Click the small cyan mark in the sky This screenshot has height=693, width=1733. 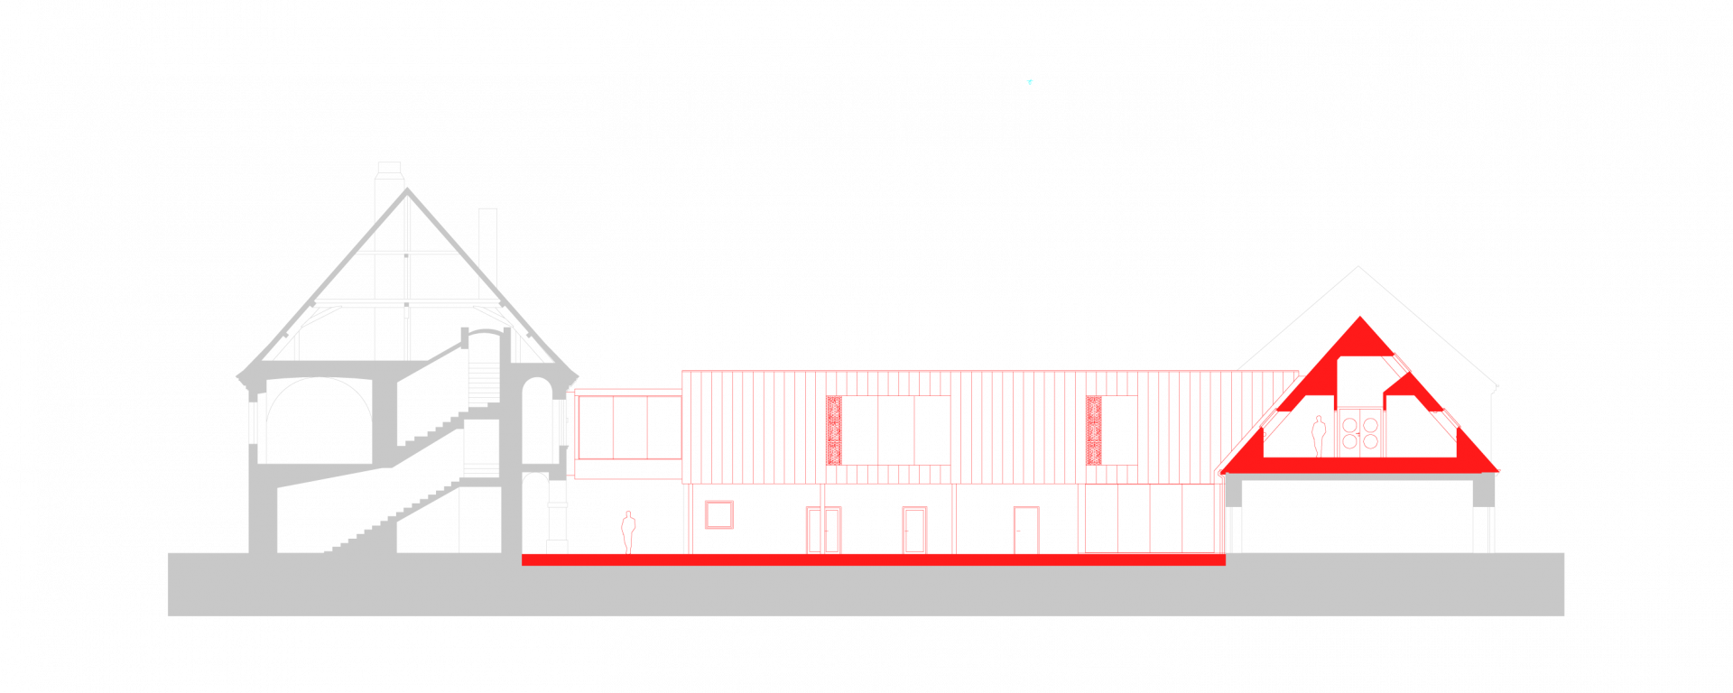tap(1030, 82)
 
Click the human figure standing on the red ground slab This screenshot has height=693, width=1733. tap(628, 531)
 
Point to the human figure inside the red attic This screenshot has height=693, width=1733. tap(1319, 436)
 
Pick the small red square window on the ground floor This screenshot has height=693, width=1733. tap(718, 514)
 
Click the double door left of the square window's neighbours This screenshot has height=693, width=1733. tap(823, 530)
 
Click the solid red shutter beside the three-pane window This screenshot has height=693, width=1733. tap(835, 430)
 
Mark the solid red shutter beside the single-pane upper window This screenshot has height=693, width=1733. tap(1094, 430)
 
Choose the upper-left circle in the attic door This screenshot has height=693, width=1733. tap(1349, 425)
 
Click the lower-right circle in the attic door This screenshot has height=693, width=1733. tap(1370, 441)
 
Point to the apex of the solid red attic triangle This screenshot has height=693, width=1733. tap(1360, 319)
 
